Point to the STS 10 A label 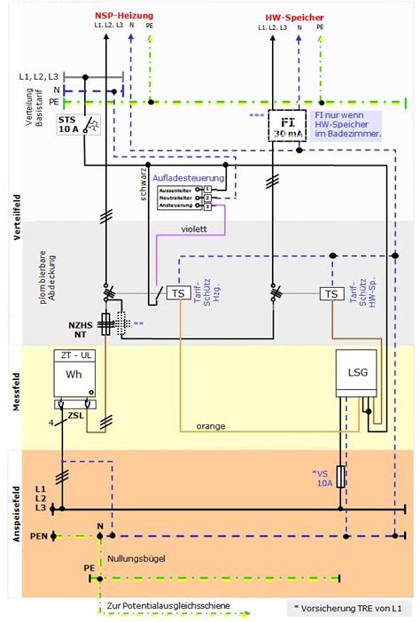pos(67,124)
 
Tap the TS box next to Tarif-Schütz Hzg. pos(177,293)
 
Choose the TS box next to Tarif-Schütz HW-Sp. pos(331,293)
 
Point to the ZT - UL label pos(74,354)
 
